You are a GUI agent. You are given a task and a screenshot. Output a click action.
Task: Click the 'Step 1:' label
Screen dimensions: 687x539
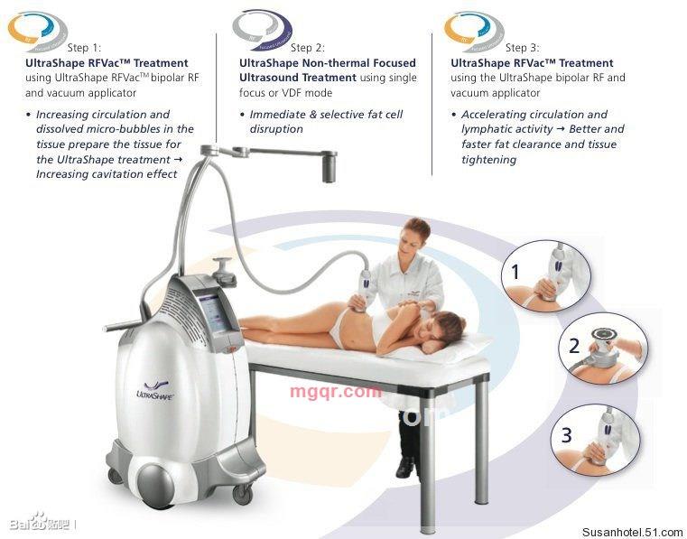(84, 47)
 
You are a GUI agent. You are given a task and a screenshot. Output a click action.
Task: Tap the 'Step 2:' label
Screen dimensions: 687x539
(308, 47)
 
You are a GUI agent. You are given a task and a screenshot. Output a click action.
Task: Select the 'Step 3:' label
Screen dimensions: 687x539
(523, 47)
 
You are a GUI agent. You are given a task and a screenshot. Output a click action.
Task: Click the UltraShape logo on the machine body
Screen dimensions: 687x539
(154, 391)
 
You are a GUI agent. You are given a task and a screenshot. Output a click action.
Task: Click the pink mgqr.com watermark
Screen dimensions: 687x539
(336, 391)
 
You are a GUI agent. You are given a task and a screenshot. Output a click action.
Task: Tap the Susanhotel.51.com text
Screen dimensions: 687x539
(632, 532)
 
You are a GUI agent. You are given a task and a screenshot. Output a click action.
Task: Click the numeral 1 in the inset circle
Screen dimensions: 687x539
(515, 272)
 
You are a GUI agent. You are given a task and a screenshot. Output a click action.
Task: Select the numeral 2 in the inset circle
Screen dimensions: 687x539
(574, 346)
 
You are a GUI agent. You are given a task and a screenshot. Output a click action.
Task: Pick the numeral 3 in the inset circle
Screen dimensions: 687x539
(567, 434)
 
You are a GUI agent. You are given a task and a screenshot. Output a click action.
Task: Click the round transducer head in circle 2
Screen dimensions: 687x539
(605, 336)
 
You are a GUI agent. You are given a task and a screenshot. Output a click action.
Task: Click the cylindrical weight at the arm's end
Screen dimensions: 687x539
(329, 166)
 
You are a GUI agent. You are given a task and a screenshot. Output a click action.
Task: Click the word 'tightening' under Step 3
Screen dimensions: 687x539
(489, 160)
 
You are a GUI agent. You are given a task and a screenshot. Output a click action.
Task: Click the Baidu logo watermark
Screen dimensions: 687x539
(41, 522)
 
